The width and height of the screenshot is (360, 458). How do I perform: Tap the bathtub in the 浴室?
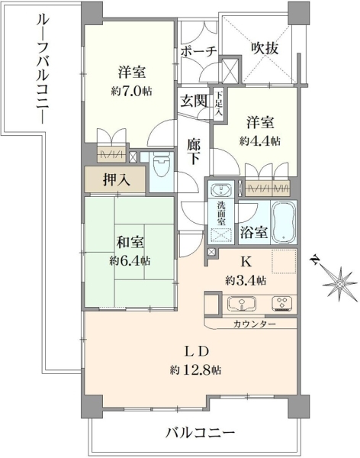click(x=284, y=222)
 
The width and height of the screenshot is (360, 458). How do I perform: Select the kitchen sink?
click(x=241, y=304)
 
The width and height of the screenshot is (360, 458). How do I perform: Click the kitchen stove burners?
click(x=281, y=304)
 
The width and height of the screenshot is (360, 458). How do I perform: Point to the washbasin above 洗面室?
click(x=220, y=190)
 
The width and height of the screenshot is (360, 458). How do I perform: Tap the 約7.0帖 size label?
click(x=131, y=92)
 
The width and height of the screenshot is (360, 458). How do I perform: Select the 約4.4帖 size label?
click(x=260, y=141)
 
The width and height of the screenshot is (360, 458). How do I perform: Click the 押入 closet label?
click(x=116, y=180)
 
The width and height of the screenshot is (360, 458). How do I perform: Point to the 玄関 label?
click(x=194, y=102)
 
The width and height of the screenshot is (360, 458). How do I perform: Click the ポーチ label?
click(x=198, y=52)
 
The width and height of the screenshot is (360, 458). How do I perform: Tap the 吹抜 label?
click(x=265, y=48)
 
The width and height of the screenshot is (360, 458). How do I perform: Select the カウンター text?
click(x=254, y=324)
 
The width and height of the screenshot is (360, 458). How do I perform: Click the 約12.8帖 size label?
click(x=195, y=371)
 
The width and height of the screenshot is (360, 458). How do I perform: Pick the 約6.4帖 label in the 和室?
click(x=130, y=260)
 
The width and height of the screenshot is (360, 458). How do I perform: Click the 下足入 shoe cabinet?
click(x=218, y=104)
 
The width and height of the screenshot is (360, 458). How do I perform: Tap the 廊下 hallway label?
click(x=194, y=152)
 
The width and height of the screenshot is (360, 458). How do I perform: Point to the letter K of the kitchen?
click(x=246, y=263)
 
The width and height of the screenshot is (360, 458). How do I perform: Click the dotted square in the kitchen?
click(x=284, y=261)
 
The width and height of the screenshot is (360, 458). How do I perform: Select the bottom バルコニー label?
click(x=201, y=433)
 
